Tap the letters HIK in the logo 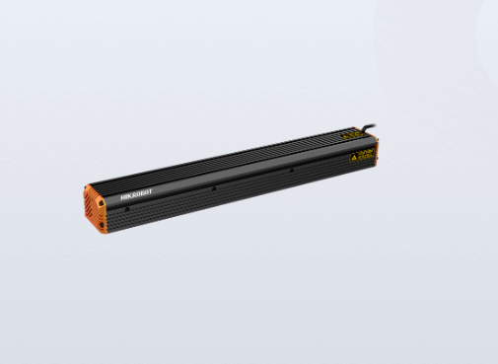[x=125, y=196]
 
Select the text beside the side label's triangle [x=366, y=154]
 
